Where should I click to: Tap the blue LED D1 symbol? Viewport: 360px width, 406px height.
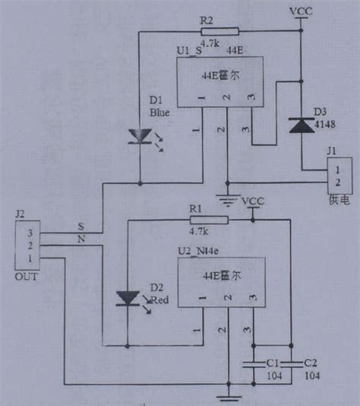pyautogui.click(x=141, y=136)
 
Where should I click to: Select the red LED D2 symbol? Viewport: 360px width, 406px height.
pyautogui.click(x=128, y=299)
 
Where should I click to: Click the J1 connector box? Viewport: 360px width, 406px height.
pyautogui.click(x=334, y=176)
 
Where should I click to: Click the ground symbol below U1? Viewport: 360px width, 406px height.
pyautogui.click(x=226, y=195)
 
